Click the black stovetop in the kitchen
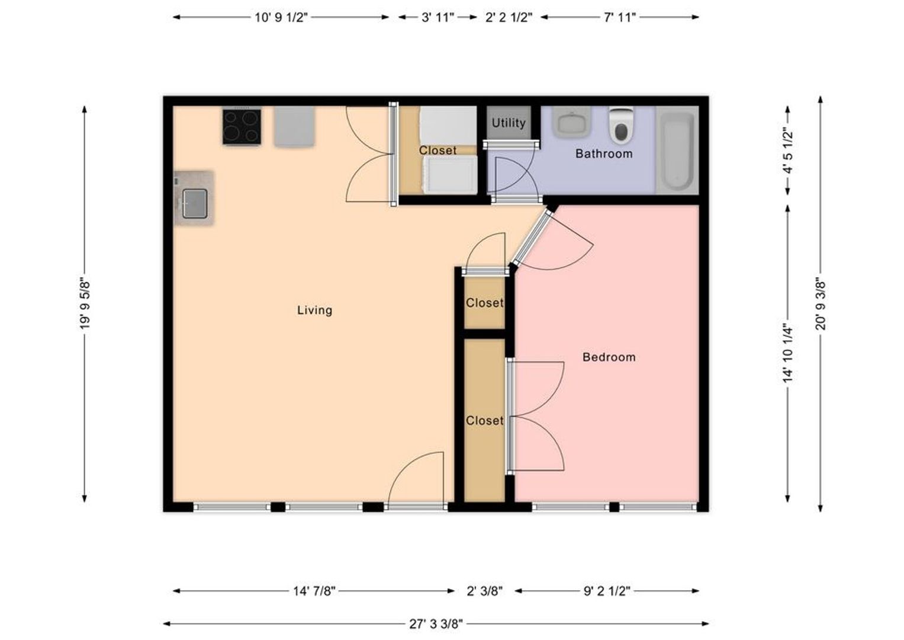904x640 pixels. [242, 127]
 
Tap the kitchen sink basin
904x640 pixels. [195, 204]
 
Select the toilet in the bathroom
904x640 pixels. [621, 126]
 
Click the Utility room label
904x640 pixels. [509, 123]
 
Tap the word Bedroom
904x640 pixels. [609, 357]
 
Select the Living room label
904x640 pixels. [315, 311]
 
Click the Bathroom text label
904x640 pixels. [604, 153]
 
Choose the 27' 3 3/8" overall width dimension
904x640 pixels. [436, 624]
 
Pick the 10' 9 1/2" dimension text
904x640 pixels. [281, 18]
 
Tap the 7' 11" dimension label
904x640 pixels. [620, 18]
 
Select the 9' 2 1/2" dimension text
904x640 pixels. [607, 591]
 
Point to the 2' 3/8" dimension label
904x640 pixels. [485, 591]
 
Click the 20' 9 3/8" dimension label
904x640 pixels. [821, 303]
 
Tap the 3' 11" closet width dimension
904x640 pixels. [438, 18]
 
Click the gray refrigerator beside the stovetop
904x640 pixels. [294, 126]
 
